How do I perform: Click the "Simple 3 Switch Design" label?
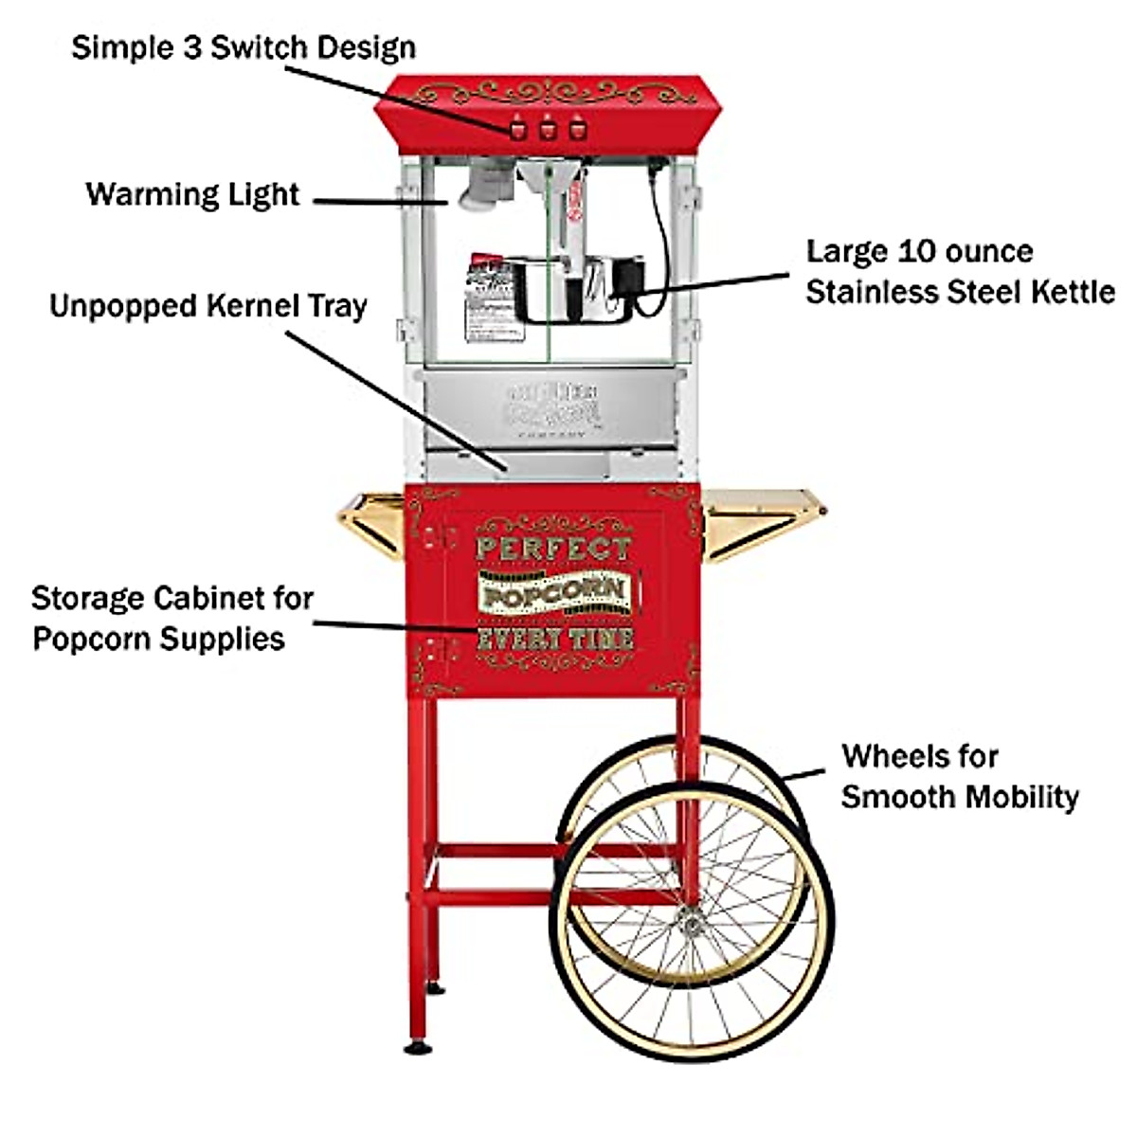pyautogui.click(x=244, y=46)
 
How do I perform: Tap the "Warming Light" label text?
pyautogui.click(x=193, y=195)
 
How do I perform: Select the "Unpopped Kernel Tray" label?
pyautogui.click(x=208, y=307)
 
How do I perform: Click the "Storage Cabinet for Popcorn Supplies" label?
pyautogui.click(x=171, y=618)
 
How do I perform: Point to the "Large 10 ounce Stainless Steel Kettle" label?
pyautogui.click(x=960, y=272)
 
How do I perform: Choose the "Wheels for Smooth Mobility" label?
pyautogui.click(x=959, y=776)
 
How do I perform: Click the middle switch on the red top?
pyautogui.click(x=547, y=129)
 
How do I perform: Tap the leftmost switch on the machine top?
pyautogui.click(x=518, y=129)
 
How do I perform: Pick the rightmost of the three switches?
pyautogui.click(x=574, y=129)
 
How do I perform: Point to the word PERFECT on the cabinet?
pyautogui.click(x=552, y=548)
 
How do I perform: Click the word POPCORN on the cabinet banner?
pyautogui.click(x=554, y=593)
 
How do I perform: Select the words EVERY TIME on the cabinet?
pyautogui.click(x=554, y=638)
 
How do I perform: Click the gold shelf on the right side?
pyautogui.click(x=764, y=512)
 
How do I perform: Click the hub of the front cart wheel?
pyautogui.click(x=690, y=917)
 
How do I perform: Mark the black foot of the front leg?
pyautogui.click(x=416, y=1047)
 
